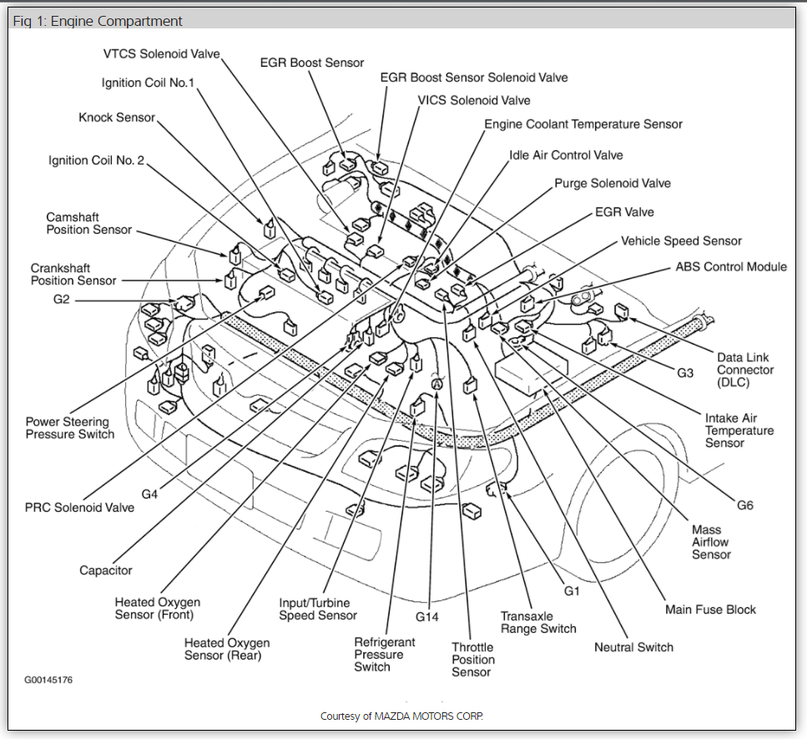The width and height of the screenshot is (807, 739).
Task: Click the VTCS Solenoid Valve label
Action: tap(161, 54)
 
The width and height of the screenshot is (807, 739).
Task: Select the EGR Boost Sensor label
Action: tap(311, 63)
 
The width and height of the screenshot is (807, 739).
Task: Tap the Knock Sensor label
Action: tap(117, 118)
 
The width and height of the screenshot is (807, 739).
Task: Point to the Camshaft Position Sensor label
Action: tap(88, 223)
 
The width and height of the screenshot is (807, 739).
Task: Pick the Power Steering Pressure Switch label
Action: tap(69, 428)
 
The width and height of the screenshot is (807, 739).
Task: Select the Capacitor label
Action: tap(105, 570)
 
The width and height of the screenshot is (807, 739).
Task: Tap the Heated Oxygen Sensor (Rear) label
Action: tap(227, 649)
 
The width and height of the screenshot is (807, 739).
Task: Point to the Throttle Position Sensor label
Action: tap(472, 659)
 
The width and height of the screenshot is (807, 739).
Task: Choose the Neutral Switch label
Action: tap(633, 647)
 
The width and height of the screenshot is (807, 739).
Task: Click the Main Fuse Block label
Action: tap(710, 610)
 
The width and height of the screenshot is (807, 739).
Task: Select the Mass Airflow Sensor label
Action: tap(711, 542)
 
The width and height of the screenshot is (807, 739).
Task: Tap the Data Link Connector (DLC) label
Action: tap(745, 370)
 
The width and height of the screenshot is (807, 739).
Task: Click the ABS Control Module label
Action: tap(731, 267)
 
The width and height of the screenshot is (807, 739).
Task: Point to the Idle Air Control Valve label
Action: tap(566, 155)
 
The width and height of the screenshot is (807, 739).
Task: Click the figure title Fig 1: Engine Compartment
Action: tap(98, 21)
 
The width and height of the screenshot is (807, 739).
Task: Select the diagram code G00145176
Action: tap(48, 680)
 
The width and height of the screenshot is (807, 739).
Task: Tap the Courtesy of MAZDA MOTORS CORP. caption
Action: tap(401, 716)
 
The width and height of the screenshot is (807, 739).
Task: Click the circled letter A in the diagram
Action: tap(436, 383)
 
